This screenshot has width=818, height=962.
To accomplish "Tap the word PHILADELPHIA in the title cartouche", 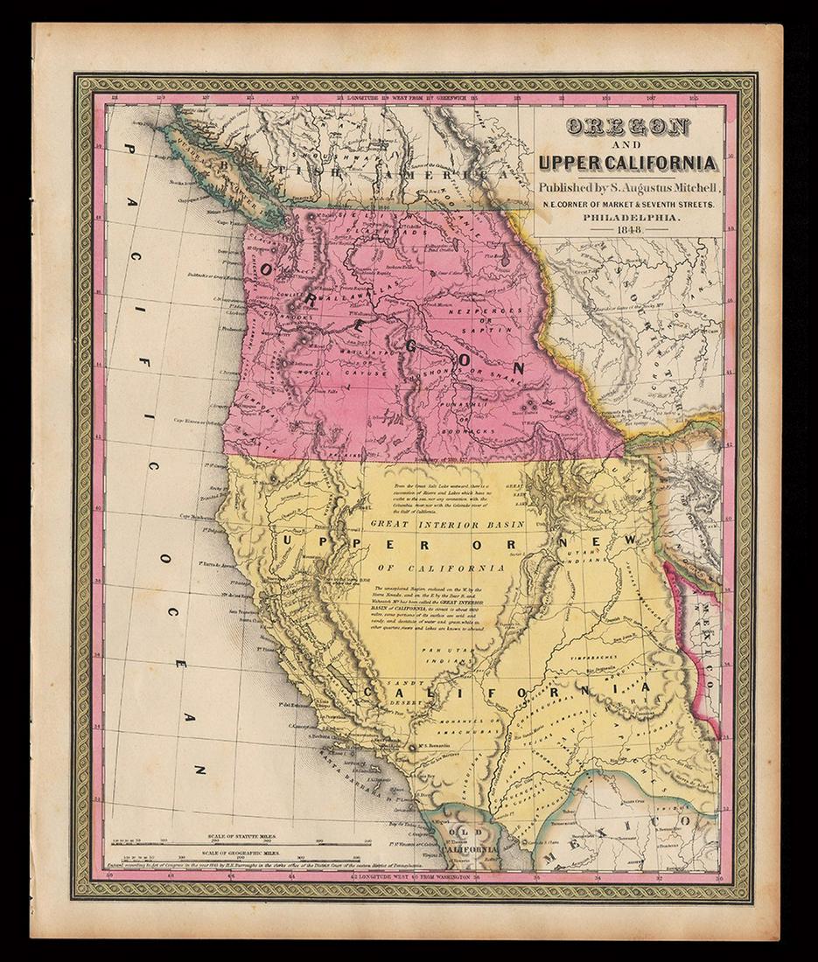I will (629, 219).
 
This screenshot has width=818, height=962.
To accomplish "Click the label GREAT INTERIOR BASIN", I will (447, 525).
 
